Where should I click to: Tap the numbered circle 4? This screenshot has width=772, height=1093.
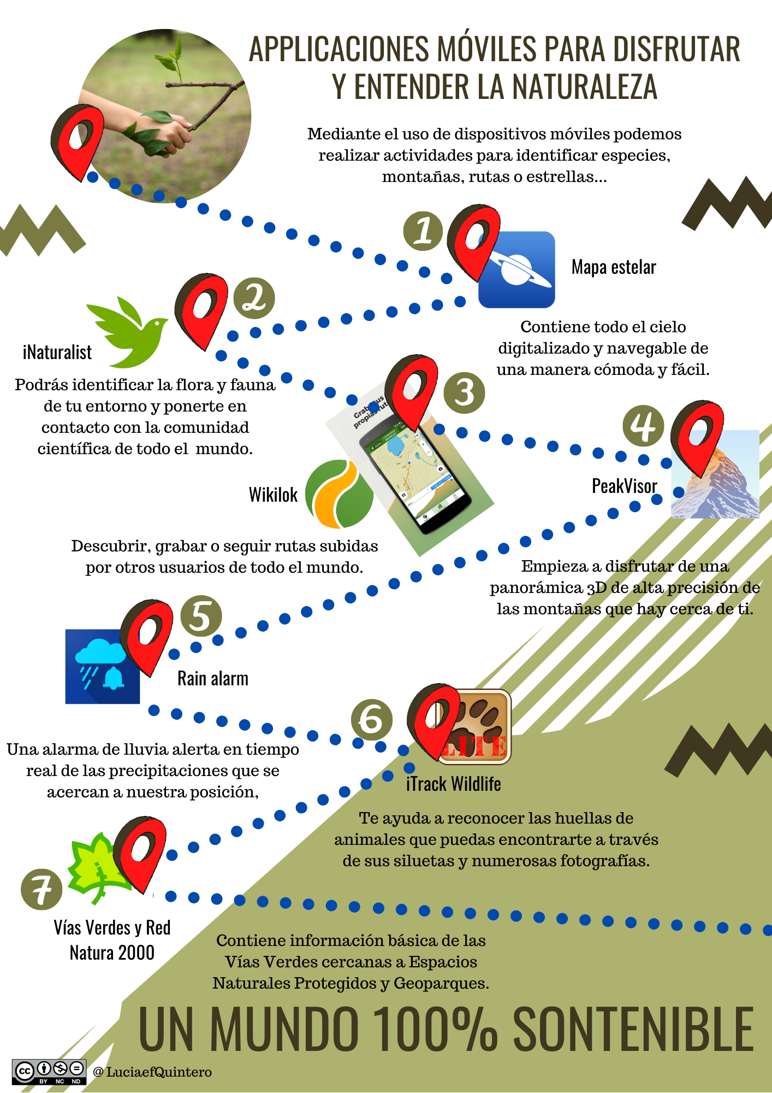point(644,426)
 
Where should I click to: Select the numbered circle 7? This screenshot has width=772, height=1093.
point(41,889)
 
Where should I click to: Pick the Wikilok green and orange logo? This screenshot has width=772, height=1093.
point(339,493)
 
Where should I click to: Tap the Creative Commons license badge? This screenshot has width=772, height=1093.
point(49,1072)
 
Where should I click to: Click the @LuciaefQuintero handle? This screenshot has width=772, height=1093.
point(152,1072)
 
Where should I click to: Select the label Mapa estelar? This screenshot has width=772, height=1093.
point(614,267)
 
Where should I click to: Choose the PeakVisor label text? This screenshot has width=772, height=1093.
point(625,486)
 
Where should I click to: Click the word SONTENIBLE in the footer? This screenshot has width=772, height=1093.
point(633,1030)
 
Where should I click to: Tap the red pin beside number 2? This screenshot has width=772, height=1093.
point(200,309)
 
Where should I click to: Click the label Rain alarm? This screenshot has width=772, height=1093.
point(213,679)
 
